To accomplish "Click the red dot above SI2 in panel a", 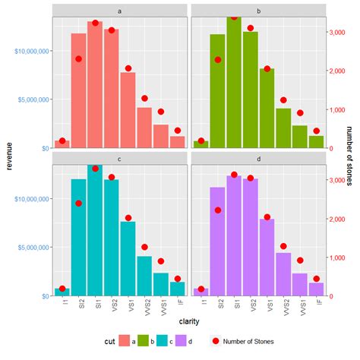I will click(78, 58).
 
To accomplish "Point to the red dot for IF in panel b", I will click(317, 131).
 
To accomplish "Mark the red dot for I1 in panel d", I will click(201, 289).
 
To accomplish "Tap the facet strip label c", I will click(120, 159).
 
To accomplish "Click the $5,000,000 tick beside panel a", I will click(28, 99).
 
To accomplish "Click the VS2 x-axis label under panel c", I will click(112, 306).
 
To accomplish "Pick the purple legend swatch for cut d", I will click(180, 343).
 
